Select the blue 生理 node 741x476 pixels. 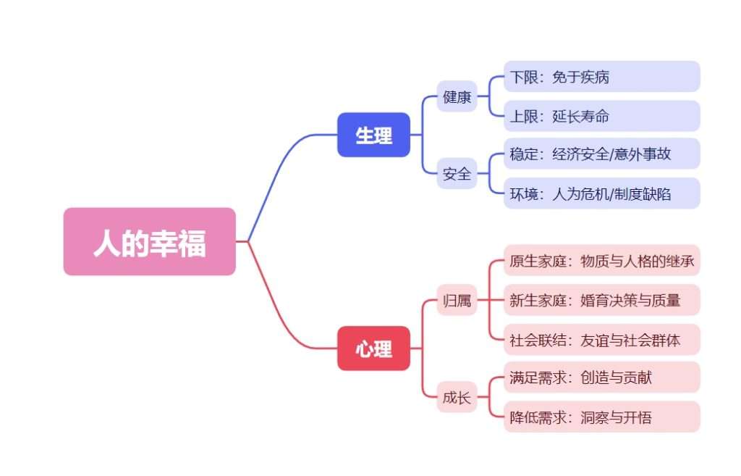373,135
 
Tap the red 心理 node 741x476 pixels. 373,348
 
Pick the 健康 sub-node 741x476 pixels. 457,96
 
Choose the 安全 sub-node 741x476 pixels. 457,174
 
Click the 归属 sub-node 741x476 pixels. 457,301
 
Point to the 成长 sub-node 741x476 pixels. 457,397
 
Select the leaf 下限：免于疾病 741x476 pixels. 601,77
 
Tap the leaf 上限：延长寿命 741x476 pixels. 601,116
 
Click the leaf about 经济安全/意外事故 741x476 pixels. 601,154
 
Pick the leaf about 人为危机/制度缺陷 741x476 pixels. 601,193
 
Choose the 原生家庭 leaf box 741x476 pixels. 601,261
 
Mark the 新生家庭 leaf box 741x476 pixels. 601,300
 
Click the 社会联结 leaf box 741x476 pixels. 601,340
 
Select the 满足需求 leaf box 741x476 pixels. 601,377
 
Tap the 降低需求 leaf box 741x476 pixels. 601,417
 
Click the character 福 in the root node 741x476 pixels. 192,243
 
